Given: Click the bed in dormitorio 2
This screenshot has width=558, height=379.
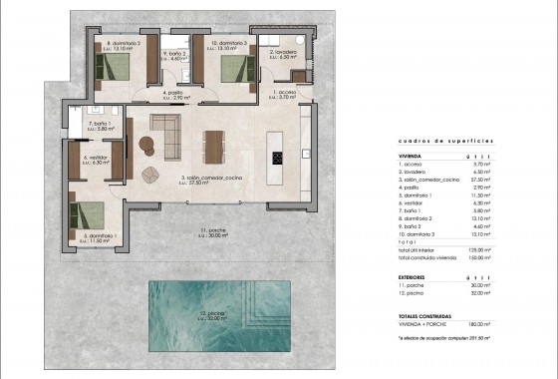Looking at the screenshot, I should (x=113, y=69).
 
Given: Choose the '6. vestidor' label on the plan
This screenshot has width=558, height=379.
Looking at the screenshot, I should (x=96, y=159).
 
